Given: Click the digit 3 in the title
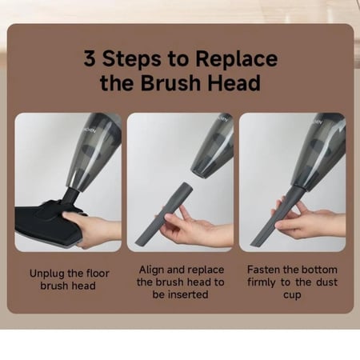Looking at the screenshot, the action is click(x=90, y=58).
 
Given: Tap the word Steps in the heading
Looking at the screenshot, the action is click(x=132, y=60).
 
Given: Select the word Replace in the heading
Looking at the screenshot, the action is click(x=237, y=60).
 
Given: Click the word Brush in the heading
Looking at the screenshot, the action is click(x=170, y=82).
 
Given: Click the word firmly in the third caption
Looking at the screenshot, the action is click(x=262, y=282).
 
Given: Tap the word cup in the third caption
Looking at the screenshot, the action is click(x=292, y=295).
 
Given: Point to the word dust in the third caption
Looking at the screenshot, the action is click(x=327, y=282).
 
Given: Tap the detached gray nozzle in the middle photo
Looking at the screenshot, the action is click(x=164, y=214).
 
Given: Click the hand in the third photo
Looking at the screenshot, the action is click(x=310, y=218).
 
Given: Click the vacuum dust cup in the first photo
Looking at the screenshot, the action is click(x=95, y=150).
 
